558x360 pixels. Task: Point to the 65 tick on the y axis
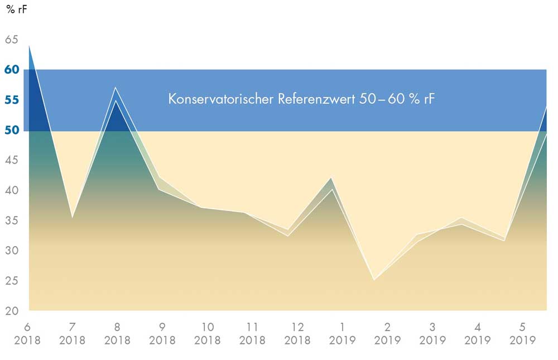point(11,40)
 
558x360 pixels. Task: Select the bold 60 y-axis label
point(12,70)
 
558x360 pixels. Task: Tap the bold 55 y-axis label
point(12,100)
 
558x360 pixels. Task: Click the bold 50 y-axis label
point(12,130)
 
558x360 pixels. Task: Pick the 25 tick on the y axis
point(11,281)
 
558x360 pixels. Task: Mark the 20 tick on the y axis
point(11,311)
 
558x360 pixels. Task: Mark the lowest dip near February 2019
point(374,280)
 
